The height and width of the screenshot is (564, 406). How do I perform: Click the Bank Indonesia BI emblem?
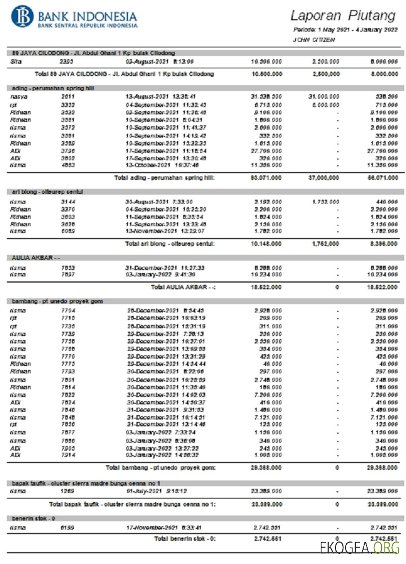[22, 17]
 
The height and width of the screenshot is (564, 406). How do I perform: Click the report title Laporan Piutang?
[342, 15]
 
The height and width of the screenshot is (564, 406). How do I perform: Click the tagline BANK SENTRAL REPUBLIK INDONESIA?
[87, 25]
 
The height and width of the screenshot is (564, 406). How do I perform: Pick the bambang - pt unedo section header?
[57, 302]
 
